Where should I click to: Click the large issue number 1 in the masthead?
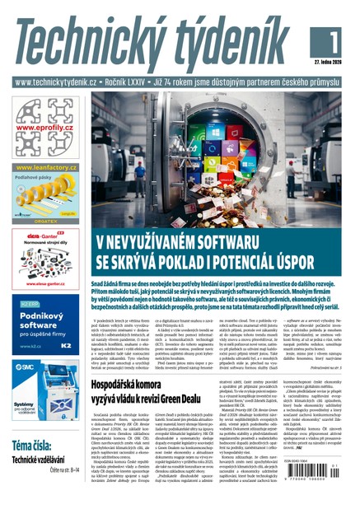[334, 39]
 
